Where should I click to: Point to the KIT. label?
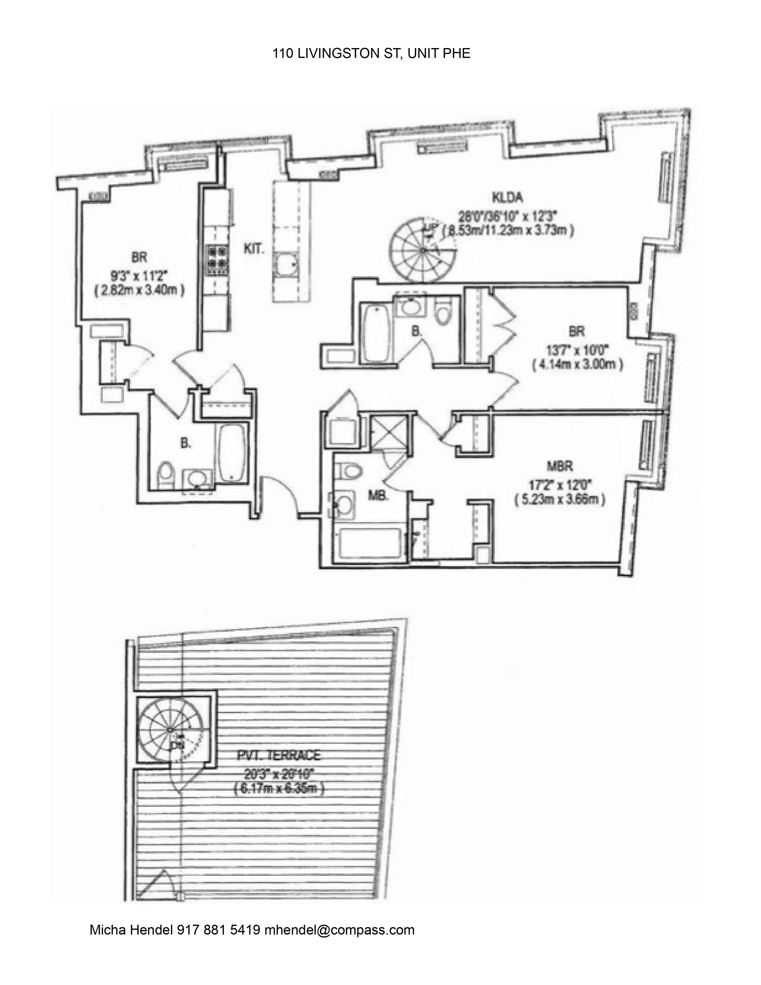[x=254, y=250]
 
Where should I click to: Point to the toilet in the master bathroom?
[x=351, y=470]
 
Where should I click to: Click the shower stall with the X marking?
[x=388, y=432]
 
